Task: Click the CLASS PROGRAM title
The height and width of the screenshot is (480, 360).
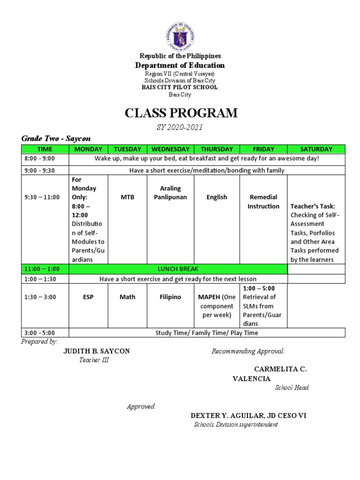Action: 180,113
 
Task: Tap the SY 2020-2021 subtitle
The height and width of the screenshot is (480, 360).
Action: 180,127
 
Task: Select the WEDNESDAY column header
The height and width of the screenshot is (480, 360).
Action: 170,149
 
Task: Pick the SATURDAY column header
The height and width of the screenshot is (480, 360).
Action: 316,149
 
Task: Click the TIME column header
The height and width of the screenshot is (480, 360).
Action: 45,149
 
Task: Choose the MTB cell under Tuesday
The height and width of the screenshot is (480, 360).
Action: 127,197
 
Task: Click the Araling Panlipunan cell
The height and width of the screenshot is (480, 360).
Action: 170,193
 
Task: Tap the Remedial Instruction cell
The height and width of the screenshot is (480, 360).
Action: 263,202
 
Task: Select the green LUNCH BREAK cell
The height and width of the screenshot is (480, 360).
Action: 178,269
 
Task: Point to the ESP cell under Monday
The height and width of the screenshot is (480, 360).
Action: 88,297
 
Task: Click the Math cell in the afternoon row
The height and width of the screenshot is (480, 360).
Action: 127,297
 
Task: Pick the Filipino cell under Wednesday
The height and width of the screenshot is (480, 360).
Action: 170,297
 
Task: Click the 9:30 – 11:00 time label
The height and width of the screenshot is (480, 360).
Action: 42,197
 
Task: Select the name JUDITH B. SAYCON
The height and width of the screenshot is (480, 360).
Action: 97,351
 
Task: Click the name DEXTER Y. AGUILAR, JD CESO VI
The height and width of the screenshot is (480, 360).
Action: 248,416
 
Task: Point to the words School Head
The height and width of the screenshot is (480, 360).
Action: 292,388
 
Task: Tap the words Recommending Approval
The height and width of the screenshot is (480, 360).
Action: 248,351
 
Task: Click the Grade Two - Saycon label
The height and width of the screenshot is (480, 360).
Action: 56,139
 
